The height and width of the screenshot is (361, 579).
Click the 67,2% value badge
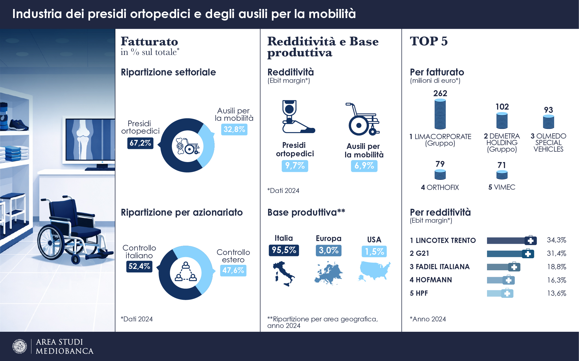point(140,143)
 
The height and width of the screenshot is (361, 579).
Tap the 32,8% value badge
point(234,129)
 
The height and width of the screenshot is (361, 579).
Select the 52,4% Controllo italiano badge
point(139,266)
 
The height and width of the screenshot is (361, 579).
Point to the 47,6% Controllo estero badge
point(233,270)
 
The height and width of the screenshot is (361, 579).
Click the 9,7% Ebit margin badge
point(295,166)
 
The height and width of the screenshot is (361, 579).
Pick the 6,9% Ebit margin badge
point(364,166)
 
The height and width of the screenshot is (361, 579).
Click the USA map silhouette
point(374,271)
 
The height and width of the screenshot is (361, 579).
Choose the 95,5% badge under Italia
point(284,250)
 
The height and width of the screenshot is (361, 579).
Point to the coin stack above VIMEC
point(502,175)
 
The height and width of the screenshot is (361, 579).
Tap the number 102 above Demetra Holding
point(502,107)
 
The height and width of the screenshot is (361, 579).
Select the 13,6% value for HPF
point(556,293)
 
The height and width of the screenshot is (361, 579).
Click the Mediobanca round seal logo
point(20,347)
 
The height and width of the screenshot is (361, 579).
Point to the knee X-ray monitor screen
point(90,139)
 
